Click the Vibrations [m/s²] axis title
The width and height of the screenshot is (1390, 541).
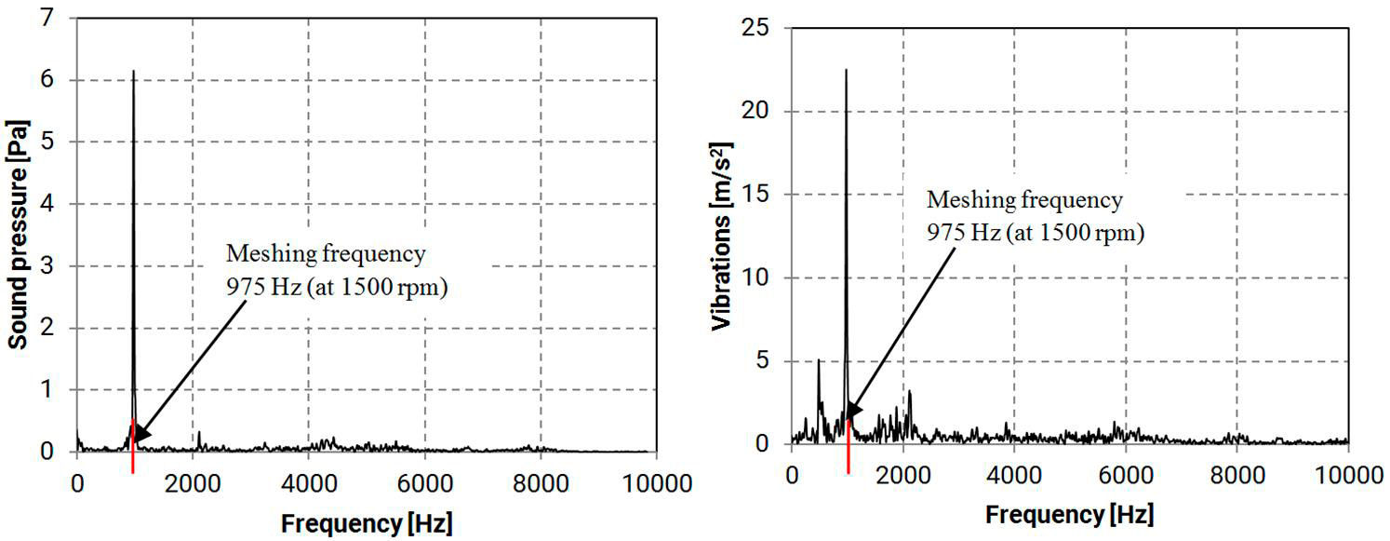pos(721,236)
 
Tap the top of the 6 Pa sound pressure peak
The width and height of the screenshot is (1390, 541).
pos(133,71)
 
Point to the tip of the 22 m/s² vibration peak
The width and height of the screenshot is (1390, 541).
pos(846,69)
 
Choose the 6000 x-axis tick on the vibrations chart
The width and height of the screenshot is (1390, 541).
pos(1125,475)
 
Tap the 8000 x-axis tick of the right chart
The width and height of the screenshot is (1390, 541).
pos(1236,475)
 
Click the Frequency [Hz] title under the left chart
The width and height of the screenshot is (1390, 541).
pos(367,523)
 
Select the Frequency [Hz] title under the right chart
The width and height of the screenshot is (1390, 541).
pos(1069,514)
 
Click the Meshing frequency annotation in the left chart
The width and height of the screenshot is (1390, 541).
pos(326,252)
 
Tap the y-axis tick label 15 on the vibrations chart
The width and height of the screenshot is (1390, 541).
pos(756,195)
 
